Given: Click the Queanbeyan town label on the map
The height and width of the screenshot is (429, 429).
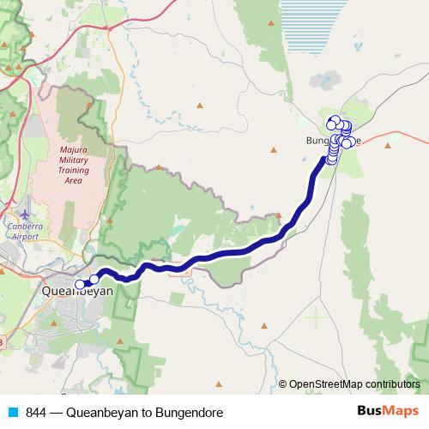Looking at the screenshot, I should (76, 291).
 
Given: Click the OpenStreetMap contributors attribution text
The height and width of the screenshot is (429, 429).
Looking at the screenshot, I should (354, 384).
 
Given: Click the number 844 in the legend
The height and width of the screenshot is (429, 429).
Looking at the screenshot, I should (35, 413).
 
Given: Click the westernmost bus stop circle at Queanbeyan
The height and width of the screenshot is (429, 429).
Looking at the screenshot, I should (80, 284).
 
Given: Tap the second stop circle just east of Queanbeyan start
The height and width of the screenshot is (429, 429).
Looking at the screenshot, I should (94, 279).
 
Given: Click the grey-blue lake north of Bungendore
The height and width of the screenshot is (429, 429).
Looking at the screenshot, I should (325, 83).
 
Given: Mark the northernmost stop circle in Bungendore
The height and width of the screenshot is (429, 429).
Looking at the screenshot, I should (335, 121).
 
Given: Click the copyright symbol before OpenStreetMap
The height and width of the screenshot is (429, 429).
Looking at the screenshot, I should (283, 384).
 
